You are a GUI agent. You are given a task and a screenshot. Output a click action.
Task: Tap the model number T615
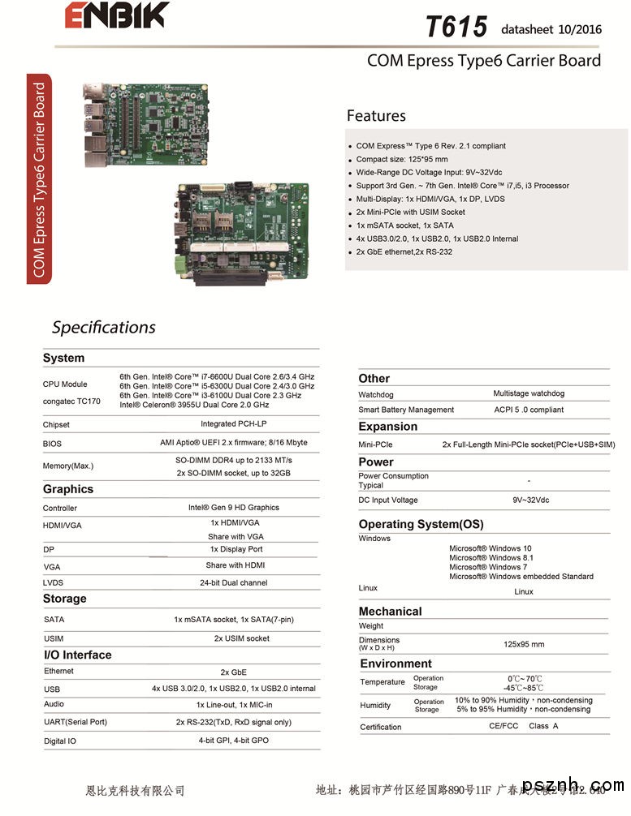click(x=456, y=27)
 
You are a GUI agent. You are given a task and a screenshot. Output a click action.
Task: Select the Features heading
click(x=376, y=116)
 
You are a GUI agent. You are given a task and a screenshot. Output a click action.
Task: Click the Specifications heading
click(x=103, y=328)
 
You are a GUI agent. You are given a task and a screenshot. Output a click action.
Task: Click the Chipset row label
click(x=56, y=424)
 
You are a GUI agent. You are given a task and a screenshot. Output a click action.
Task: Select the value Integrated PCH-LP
click(x=233, y=423)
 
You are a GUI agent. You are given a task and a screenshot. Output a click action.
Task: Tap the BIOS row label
click(x=52, y=444)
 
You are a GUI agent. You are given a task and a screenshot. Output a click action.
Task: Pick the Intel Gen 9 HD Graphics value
click(x=233, y=508)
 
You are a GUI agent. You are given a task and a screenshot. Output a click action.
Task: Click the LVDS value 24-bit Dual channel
click(x=233, y=582)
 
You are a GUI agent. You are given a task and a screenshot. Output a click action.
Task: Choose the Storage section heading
click(x=64, y=599)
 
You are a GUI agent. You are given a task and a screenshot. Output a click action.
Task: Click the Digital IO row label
click(x=60, y=741)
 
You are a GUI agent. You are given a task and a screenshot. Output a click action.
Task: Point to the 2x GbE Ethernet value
click(x=233, y=672)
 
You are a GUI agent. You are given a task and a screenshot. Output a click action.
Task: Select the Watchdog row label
click(x=377, y=395)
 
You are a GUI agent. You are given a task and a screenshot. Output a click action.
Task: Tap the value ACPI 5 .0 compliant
click(x=529, y=410)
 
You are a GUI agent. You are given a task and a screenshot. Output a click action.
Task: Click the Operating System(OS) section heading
click(x=421, y=524)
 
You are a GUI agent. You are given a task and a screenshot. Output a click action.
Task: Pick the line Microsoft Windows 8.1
click(x=491, y=558)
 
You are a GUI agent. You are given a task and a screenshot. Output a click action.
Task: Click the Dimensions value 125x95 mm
click(x=524, y=644)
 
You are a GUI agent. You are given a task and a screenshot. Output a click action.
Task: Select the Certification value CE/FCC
click(x=504, y=726)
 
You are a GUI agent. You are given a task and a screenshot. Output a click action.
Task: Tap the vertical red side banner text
click(x=39, y=179)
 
